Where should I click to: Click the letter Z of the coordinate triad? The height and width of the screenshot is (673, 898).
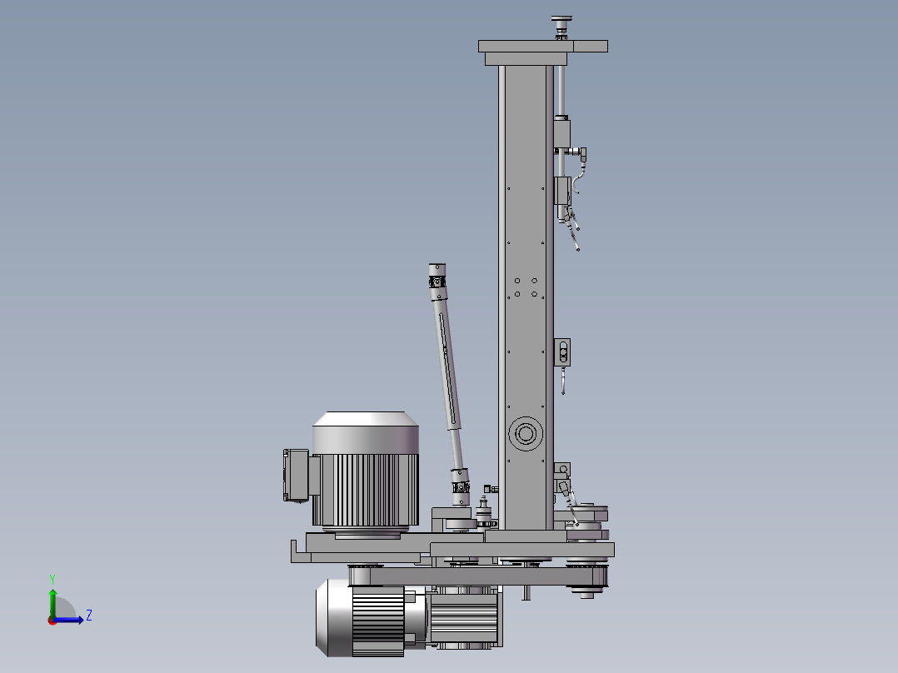tap(89, 616)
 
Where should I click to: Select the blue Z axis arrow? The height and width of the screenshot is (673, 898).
tap(67, 620)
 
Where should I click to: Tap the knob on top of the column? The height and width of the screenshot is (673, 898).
tap(561, 27)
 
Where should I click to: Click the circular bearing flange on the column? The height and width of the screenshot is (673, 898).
tap(525, 433)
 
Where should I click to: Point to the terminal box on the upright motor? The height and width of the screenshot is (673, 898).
tap(296, 476)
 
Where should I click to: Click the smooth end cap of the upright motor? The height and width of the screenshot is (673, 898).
tap(366, 432)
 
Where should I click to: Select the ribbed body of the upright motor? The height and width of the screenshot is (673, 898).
tap(366, 490)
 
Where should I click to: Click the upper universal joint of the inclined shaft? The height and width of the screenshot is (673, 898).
tap(437, 282)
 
